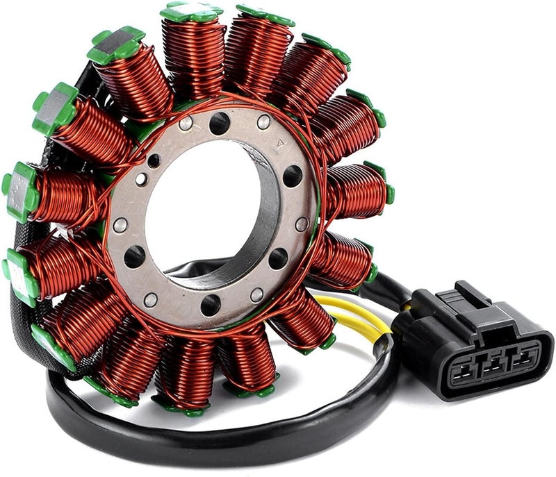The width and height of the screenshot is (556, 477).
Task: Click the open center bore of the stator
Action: (202, 208)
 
